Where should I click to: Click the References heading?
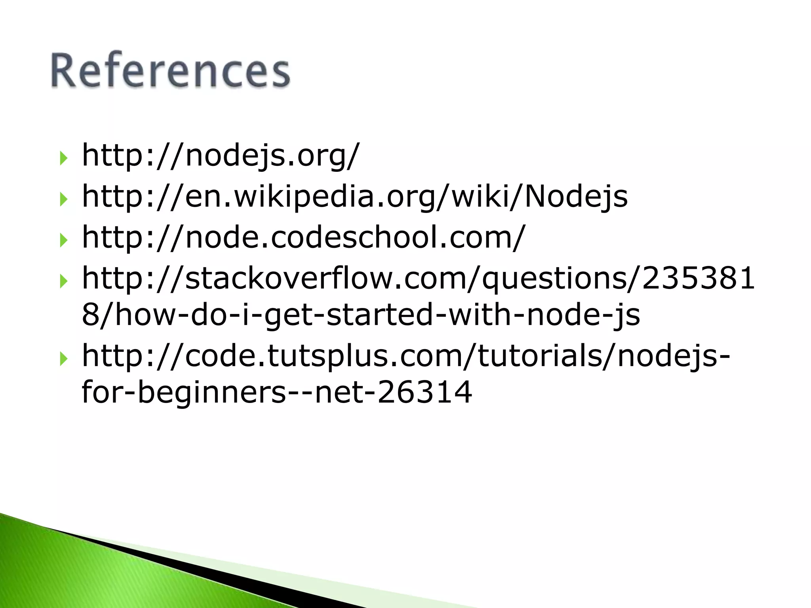(170, 70)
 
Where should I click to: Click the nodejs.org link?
(220, 155)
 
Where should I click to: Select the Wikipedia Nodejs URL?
(354, 196)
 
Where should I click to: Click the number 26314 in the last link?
(425, 392)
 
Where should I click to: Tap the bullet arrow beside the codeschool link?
(63, 240)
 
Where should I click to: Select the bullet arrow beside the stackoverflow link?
(63, 281)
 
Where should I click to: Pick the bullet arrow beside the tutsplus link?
(63, 359)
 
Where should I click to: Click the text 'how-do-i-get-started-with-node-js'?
(376, 315)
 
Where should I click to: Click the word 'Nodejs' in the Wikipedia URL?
(576, 196)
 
